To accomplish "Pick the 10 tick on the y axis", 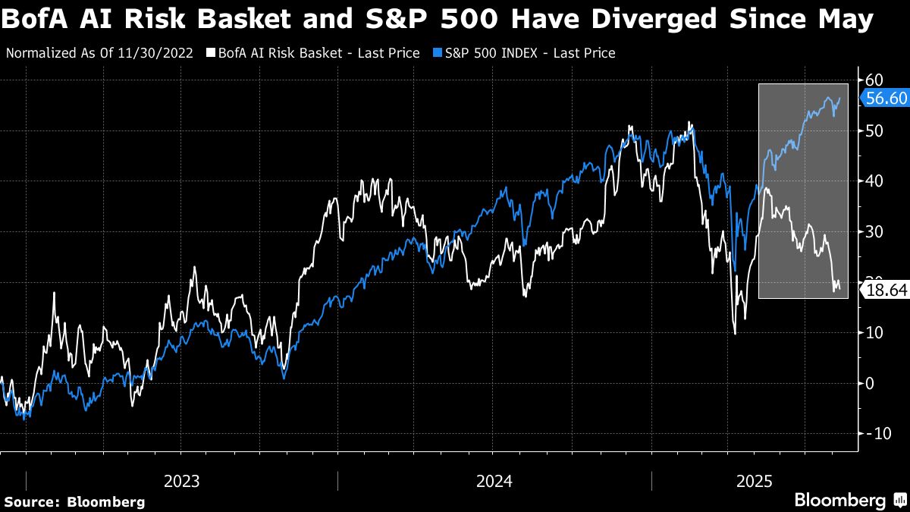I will [874, 332].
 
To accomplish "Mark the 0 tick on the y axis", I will [871, 383].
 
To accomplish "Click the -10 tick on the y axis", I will [876, 433].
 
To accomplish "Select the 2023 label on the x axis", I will [182, 481].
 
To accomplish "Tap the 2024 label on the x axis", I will [494, 481].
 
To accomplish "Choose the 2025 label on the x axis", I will [754, 481].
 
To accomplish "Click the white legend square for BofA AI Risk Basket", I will [210, 53].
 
